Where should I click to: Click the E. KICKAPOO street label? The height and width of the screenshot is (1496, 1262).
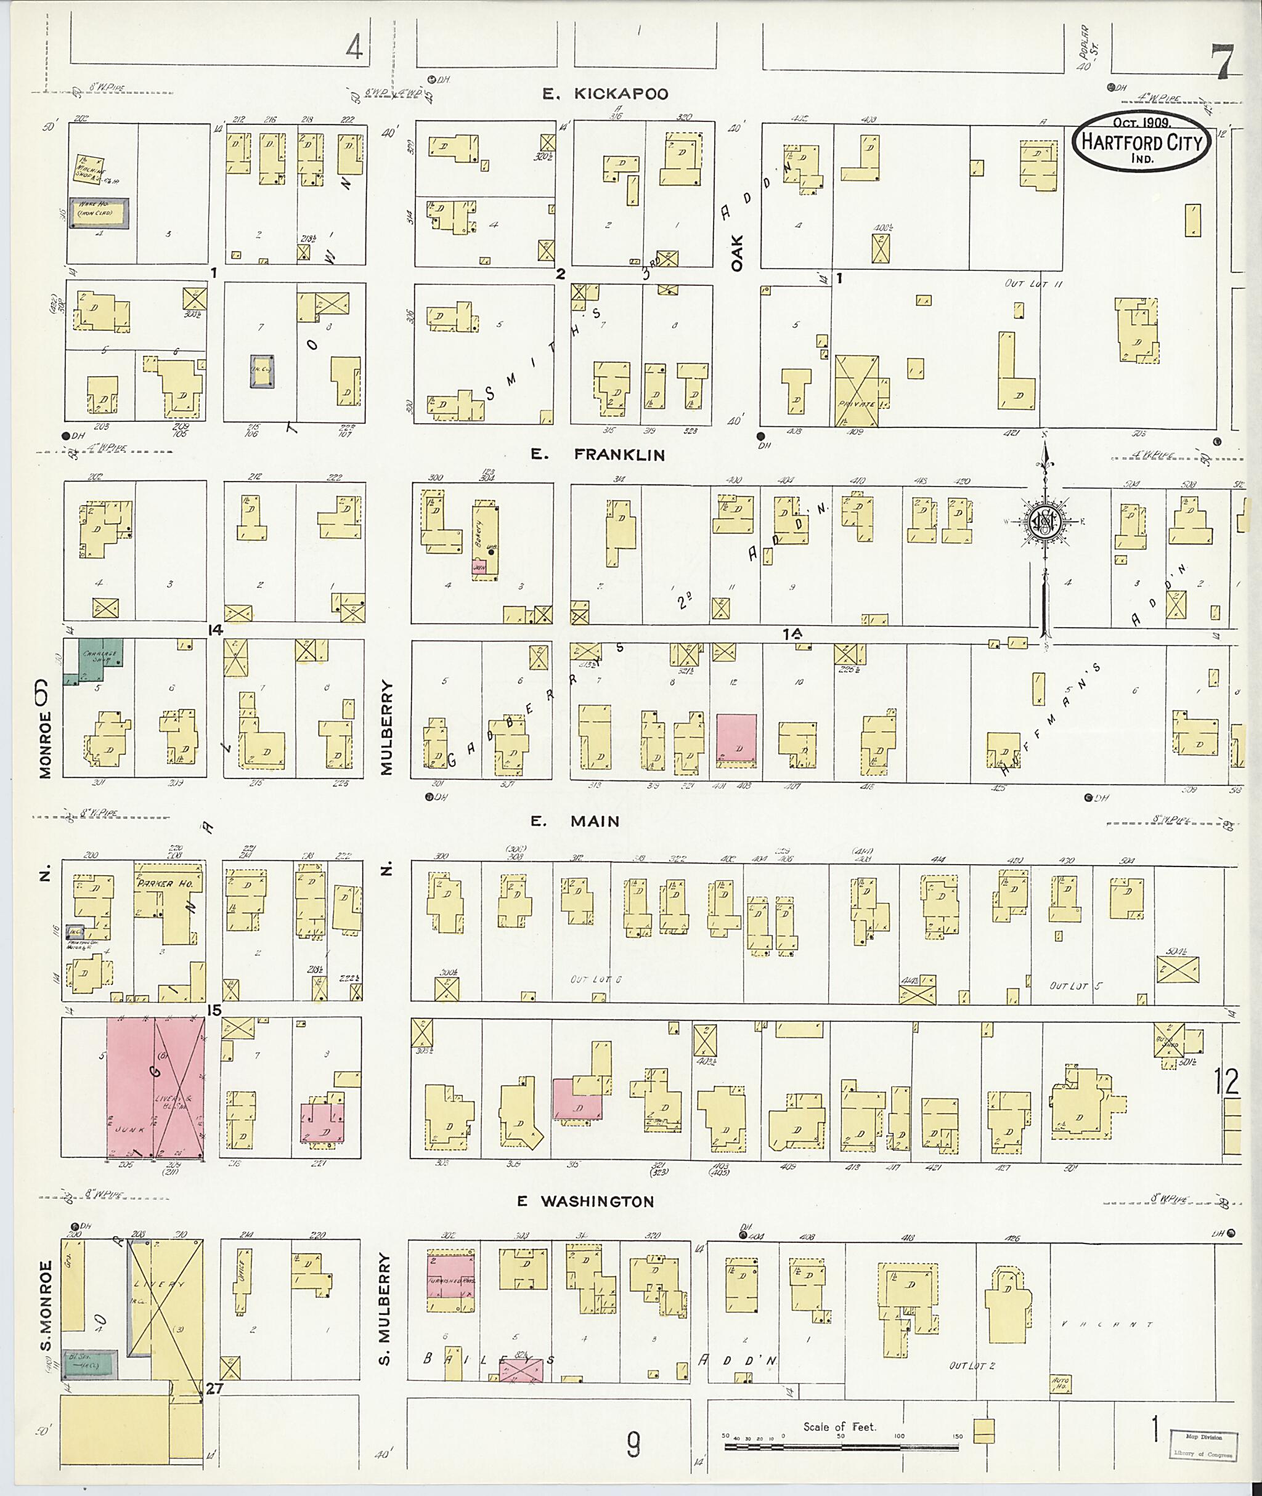point(605,94)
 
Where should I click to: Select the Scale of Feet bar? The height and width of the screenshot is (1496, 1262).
point(841,1445)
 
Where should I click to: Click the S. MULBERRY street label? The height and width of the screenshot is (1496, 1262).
point(386,1309)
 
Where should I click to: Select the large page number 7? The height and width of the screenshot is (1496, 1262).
point(1224,63)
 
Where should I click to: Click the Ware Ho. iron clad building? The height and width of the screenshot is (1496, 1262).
point(99,213)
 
